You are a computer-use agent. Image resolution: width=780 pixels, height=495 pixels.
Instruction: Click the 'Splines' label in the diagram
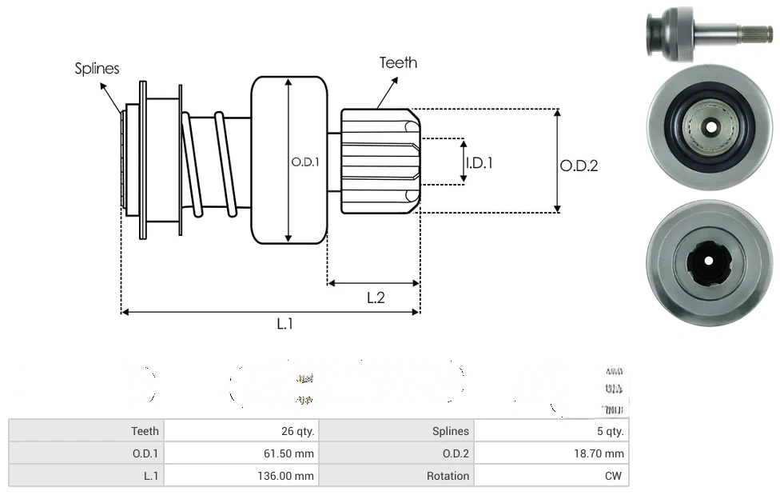point(97,69)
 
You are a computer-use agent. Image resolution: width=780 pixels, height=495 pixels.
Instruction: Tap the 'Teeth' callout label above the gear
point(398,62)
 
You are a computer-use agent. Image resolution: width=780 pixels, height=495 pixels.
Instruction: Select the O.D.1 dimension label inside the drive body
point(305,162)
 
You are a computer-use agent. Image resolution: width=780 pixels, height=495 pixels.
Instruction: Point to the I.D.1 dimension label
point(480,162)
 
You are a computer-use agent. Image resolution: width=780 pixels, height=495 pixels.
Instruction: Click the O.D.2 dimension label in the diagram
point(579,166)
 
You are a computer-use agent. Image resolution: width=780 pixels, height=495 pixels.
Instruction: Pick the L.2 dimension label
point(376,297)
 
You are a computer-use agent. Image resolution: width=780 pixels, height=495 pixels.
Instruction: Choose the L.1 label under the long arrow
point(285,324)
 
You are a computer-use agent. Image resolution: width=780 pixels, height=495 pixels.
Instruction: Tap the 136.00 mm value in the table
point(284,476)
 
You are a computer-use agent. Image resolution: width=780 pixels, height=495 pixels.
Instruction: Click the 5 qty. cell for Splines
point(609,431)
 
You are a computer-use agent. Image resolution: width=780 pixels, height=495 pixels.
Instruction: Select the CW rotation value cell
point(615,476)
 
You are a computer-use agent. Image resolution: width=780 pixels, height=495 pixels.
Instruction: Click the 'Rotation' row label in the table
point(448,476)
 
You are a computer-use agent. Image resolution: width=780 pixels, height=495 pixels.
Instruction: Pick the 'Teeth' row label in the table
point(145,431)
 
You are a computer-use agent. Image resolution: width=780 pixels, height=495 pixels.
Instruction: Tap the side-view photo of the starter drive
point(707,33)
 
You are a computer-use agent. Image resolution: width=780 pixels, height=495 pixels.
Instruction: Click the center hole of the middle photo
point(710,127)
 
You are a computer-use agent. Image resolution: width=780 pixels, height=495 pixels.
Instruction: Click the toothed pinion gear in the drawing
point(380,161)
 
